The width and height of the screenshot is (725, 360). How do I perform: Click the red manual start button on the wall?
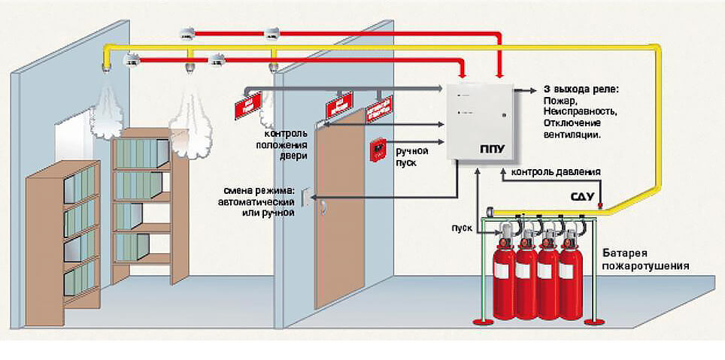point(378,150)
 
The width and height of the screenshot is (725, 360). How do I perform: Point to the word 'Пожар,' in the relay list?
point(559,100)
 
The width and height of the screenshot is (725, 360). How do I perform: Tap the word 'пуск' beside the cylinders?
point(461,226)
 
